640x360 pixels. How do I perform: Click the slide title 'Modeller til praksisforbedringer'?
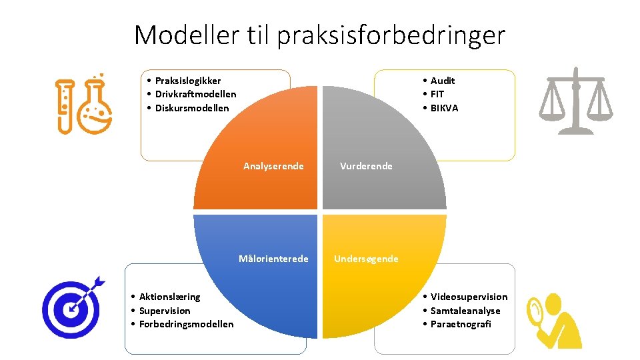coord(319,35)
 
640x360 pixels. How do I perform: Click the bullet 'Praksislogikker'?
coord(187,81)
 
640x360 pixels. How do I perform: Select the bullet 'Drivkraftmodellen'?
coord(195,94)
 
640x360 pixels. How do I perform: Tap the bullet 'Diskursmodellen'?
coord(192,108)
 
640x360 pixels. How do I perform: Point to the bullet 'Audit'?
coord(443,81)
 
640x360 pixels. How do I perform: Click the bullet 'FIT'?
coord(437,94)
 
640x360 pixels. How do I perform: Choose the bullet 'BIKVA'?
coord(444,108)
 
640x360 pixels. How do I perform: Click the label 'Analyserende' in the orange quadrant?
coord(273,166)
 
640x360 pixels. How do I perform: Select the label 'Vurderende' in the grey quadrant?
coord(366,166)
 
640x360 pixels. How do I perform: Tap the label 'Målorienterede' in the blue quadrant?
coord(273,259)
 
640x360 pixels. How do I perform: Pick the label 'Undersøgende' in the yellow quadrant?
coord(366,259)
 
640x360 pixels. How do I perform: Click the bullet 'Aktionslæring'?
coord(169,297)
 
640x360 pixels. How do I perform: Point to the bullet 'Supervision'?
coord(165,311)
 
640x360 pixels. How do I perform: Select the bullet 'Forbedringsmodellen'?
coord(186,324)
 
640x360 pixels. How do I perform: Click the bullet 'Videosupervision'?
coord(469,297)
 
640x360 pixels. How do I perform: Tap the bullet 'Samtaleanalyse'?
coord(465,311)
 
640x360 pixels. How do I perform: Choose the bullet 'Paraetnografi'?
coord(461,324)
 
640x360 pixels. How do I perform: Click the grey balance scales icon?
coord(575,101)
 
